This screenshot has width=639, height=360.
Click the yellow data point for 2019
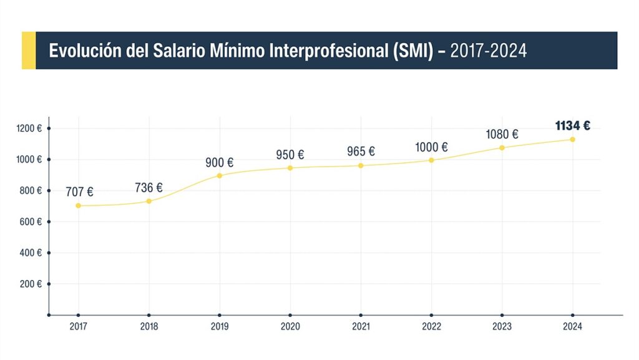click(220, 175)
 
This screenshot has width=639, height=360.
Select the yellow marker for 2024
click(572, 139)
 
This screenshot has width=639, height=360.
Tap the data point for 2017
click(79, 205)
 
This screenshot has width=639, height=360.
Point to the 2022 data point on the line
click(431, 160)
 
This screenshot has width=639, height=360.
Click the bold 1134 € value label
click(572, 125)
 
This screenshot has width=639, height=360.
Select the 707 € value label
click(79, 192)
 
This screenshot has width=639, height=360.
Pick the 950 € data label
click(290, 155)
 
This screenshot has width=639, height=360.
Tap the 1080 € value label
click(502, 134)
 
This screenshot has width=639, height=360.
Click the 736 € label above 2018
click(149, 188)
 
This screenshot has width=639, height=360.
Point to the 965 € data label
click(361, 151)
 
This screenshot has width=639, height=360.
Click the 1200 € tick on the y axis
click(30, 129)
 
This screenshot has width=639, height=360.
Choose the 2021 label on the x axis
click(361, 326)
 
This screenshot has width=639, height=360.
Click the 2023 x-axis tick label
click(502, 326)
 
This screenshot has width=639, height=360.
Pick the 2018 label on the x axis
click(149, 326)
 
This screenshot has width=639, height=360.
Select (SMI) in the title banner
click(412, 51)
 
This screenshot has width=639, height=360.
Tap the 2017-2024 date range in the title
click(488, 51)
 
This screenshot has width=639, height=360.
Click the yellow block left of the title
click(28, 51)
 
